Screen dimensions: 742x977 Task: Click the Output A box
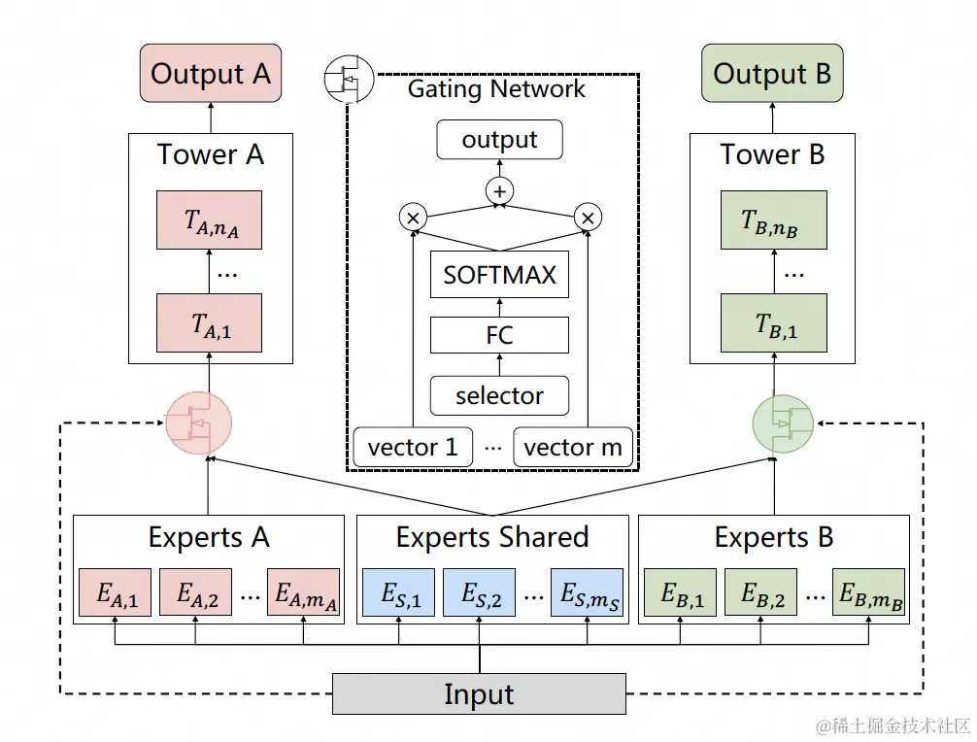point(210,73)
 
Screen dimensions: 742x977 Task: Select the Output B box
point(772,73)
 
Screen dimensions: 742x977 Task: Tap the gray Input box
point(479,694)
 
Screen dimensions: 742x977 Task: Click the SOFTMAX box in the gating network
point(499,275)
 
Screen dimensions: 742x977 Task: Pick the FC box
point(499,336)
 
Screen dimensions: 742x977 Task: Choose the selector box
point(499,395)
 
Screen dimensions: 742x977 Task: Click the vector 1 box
point(413,447)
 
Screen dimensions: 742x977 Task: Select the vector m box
point(573,447)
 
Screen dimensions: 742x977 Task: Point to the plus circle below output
point(499,191)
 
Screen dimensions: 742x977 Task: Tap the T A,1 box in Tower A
point(210,323)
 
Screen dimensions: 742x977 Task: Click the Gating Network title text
point(496,89)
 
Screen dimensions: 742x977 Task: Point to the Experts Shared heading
point(492,537)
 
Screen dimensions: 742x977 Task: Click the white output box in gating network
point(499,140)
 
